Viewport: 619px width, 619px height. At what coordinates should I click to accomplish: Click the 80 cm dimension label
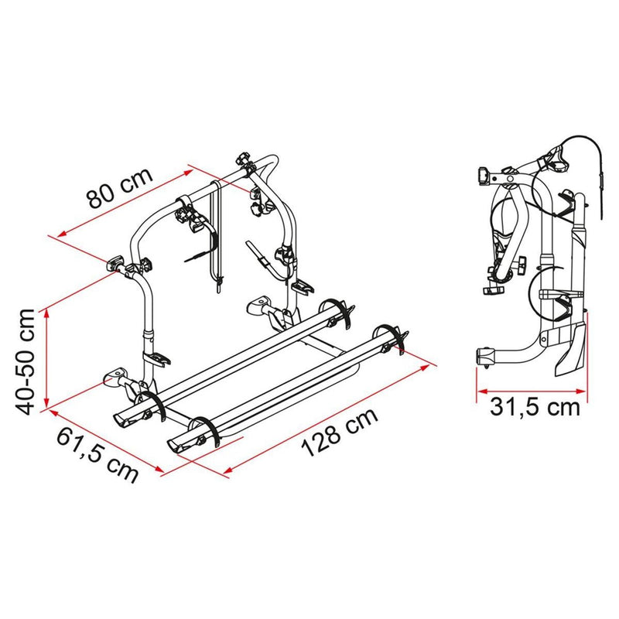click(x=118, y=187)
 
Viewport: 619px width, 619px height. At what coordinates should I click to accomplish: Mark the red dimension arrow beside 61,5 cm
click(x=104, y=438)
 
